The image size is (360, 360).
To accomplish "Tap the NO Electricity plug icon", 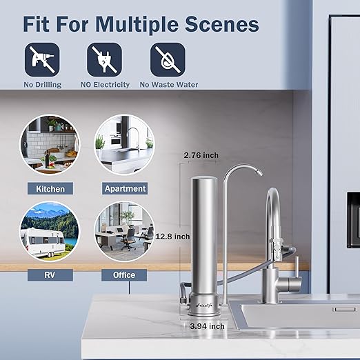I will click(104, 59).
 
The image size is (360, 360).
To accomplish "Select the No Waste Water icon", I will click(168, 59).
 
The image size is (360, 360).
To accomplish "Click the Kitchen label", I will click(50, 188).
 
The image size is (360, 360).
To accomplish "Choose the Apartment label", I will click(125, 188).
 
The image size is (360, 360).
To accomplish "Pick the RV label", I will click(50, 275).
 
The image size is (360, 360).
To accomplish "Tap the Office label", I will click(124, 275).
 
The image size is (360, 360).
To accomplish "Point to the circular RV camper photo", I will click(50, 232).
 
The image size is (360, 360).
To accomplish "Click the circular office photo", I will click(124, 232).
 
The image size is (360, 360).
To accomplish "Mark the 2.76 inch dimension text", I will click(201, 156).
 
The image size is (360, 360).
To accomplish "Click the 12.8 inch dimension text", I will click(172, 237).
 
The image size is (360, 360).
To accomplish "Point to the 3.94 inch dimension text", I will click(207, 326).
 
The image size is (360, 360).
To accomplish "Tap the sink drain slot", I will click(344, 310).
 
